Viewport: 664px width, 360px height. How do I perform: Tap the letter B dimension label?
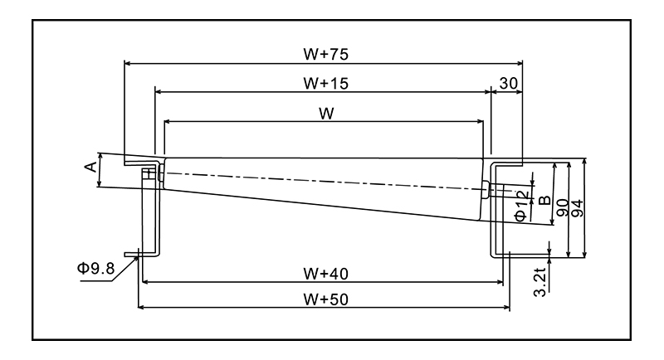click(x=544, y=199)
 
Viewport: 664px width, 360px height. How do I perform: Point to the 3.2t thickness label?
click(x=540, y=282)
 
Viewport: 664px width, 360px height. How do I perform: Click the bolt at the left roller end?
click(x=150, y=173)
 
